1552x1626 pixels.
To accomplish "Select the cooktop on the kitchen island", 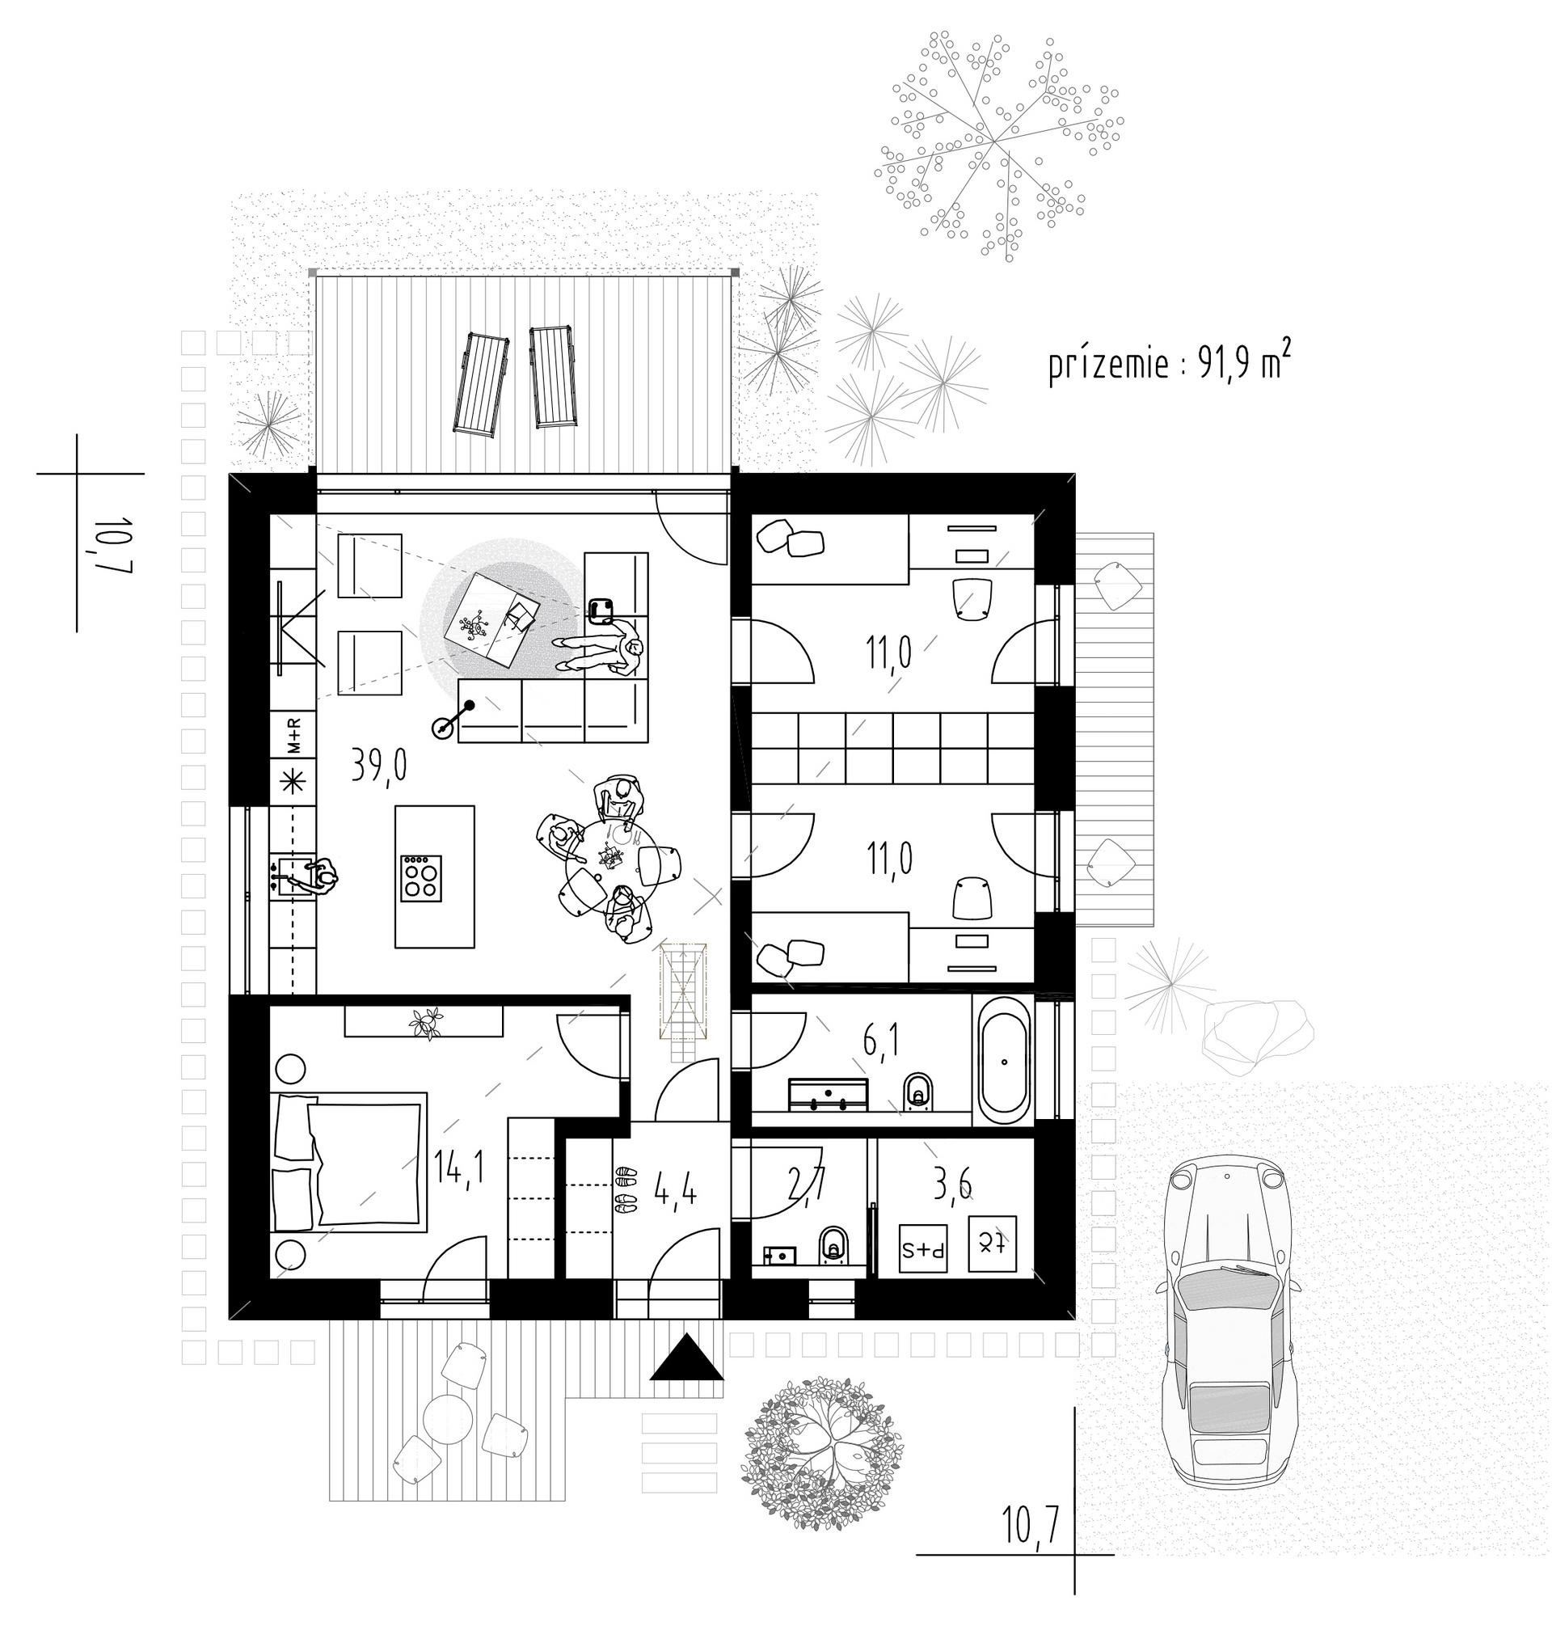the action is (x=421, y=879).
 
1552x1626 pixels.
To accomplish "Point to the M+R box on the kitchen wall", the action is (x=293, y=735).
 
